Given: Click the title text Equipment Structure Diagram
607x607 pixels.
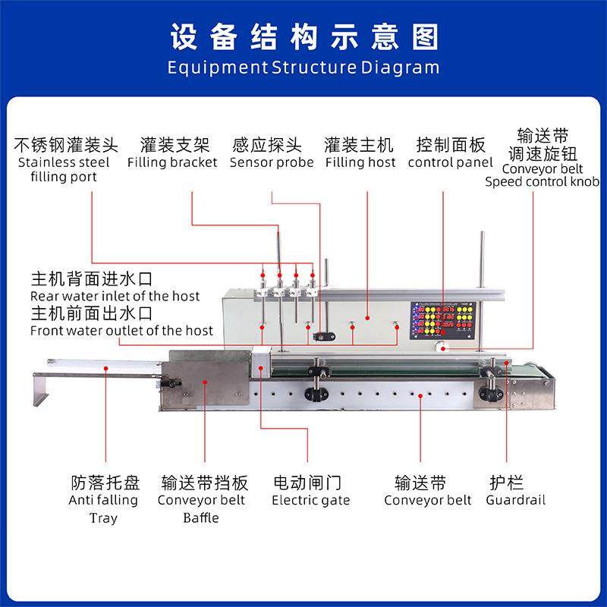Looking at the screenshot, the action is point(303,67).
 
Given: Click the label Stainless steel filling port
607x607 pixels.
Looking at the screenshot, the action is point(64,169).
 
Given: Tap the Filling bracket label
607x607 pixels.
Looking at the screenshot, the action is point(172,162).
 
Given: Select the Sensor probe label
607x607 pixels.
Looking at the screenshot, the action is point(271,162).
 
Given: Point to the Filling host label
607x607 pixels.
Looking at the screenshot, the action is point(360,162).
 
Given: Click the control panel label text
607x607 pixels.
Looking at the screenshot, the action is point(451,162).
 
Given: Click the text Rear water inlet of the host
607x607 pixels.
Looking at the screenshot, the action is point(115,295).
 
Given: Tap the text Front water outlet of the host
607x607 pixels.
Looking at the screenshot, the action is point(121,331).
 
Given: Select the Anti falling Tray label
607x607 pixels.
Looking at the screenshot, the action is point(103,509).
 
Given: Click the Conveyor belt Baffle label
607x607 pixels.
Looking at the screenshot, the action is point(201,509).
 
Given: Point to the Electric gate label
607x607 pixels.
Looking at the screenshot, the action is point(311,500).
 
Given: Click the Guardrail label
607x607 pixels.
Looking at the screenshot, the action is point(516,500).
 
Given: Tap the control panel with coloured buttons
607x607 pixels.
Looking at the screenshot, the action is point(443,320).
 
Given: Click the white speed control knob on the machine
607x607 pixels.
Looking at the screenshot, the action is point(442,346).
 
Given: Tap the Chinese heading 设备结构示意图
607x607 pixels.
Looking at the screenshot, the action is point(303,36).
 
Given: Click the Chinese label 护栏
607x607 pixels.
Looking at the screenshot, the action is point(505,482).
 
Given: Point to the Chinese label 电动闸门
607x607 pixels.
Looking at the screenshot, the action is point(307,482).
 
